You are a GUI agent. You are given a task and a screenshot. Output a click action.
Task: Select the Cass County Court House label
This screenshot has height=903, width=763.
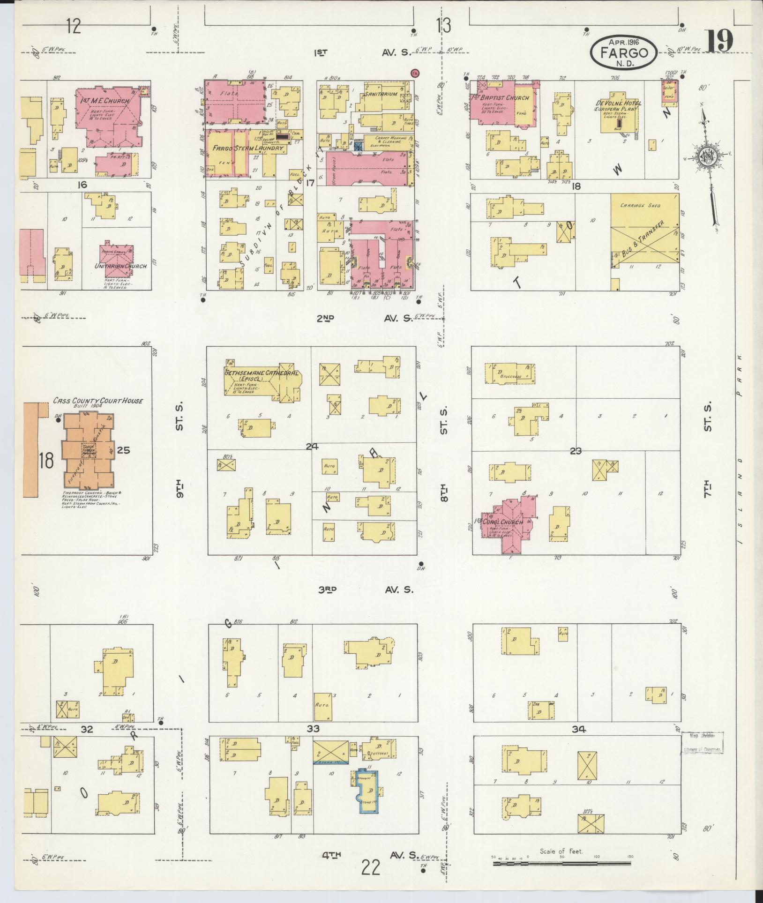97,401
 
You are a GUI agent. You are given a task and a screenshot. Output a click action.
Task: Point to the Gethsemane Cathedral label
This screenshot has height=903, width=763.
261,373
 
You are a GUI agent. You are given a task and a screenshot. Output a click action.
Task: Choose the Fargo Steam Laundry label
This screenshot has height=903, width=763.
248,148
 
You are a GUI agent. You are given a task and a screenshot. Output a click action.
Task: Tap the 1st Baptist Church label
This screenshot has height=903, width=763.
502,97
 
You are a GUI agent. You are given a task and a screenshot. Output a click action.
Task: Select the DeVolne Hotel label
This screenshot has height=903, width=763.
619,103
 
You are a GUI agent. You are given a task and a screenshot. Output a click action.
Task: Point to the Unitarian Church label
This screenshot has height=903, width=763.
121,266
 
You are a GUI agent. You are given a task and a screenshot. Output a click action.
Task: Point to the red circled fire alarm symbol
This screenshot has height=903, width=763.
414,73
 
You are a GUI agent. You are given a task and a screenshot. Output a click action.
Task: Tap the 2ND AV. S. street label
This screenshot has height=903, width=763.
366,319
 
